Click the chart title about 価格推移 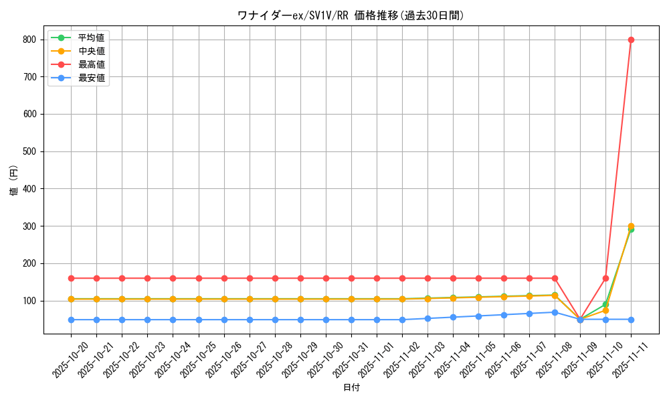coord(351,15)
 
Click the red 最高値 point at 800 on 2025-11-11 coord(631,40)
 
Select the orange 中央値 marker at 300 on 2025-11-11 coord(631,226)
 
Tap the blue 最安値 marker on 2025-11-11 coord(631,320)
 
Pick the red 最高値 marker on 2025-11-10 coord(605,278)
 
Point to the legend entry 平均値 coord(91,38)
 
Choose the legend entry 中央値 coord(91,51)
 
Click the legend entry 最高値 coord(91,64)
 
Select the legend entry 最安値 coord(91,78)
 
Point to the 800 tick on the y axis coord(29,40)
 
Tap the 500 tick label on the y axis coord(29,151)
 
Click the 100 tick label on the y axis coord(29,301)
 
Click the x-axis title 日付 coord(351,388)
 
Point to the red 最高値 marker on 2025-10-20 coord(71,278)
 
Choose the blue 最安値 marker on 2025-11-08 coord(555,312)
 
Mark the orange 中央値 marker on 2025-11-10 coord(605,310)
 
